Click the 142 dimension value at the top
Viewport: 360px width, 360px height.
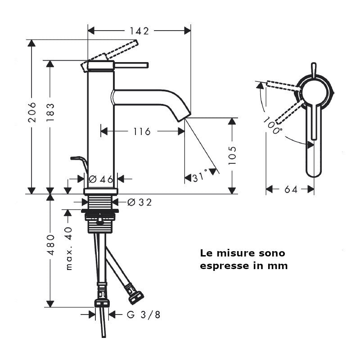tap(139, 31)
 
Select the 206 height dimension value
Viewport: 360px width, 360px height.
tap(31, 112)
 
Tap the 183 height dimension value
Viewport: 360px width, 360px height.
tap(50, 112)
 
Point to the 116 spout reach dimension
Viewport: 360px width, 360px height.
tap(142, 131)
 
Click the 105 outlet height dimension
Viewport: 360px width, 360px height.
tap(232, 155)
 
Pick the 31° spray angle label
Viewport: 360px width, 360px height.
tap(200, 177)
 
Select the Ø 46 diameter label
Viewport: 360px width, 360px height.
tap(101, 179)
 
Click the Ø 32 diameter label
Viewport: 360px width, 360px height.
tap(139, 202)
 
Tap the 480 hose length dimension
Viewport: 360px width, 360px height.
tap(50, 245)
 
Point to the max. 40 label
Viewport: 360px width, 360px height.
tap(69, 249)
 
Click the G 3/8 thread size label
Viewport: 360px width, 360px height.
tap(144, 315)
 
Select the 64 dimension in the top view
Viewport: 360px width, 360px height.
tap(291, 189)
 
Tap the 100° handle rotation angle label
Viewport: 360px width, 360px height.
tap(272, 126)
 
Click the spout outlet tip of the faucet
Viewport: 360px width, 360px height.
tap(185, 117)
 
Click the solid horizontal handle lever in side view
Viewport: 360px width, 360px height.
tap(131, 65)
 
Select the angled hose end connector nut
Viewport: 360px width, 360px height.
tap(136, 297)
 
